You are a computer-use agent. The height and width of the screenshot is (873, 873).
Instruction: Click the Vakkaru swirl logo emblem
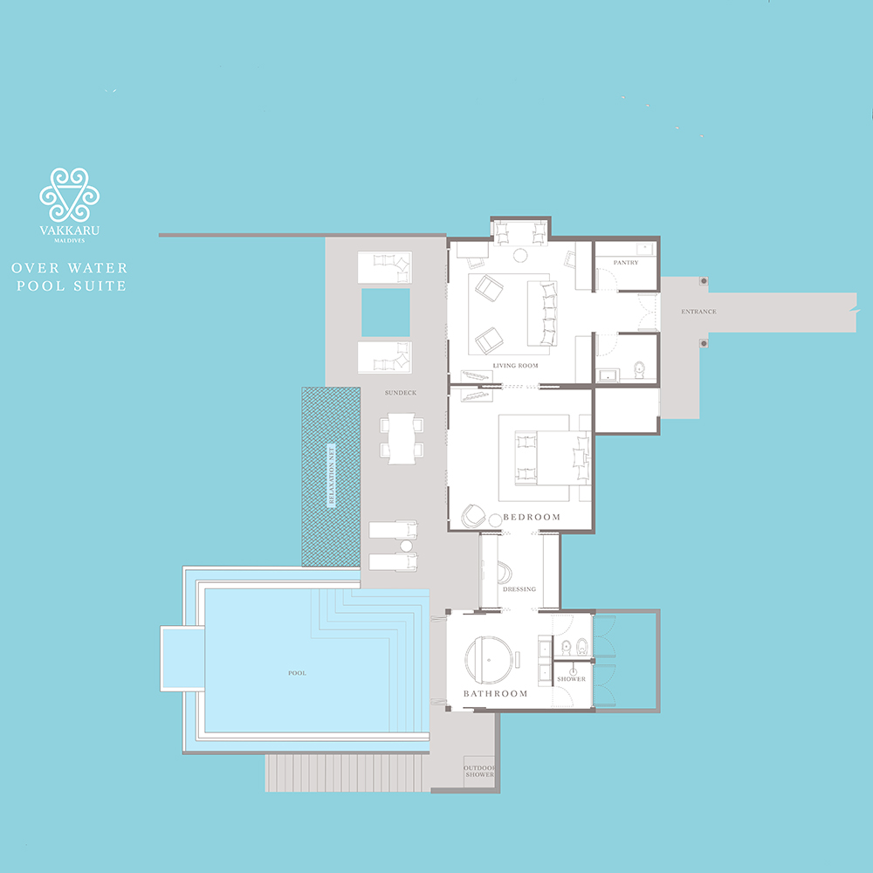pos(70,195)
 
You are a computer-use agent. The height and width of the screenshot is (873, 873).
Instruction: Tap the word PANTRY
pos(626,262)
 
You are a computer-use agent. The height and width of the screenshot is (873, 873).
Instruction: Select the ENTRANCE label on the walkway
pos(698,312)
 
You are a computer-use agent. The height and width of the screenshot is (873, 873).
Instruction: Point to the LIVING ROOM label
pos(516,366)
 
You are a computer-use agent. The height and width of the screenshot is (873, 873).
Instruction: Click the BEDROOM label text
pos(532,517)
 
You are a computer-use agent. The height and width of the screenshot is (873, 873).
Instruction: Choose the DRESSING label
pos(519,589)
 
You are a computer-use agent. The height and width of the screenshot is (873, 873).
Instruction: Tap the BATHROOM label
pos(496,694)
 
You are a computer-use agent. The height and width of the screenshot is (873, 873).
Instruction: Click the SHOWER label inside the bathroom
pos(571,679)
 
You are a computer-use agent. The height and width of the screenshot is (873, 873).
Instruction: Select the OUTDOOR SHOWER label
pos(479,771)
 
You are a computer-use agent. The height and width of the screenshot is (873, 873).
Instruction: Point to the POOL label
pos(298,673)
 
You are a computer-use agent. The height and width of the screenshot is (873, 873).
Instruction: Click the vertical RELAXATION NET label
pos(331,476)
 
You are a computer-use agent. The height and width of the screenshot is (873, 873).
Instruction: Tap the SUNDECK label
pos(401,393)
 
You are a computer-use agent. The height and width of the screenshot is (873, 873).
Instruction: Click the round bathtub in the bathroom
pos(488,660)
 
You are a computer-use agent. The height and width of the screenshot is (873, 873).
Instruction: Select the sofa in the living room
pos(543,313)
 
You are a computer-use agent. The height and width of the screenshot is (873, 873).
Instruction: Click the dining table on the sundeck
pos(402,438)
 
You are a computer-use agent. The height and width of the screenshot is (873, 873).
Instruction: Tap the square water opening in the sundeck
pos(386,313)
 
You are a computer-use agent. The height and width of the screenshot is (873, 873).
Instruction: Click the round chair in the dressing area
pos(505,573)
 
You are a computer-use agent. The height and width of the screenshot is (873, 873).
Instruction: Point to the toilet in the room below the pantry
pos(639,369)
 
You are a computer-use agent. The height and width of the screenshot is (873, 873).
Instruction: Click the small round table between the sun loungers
pos(407,546)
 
